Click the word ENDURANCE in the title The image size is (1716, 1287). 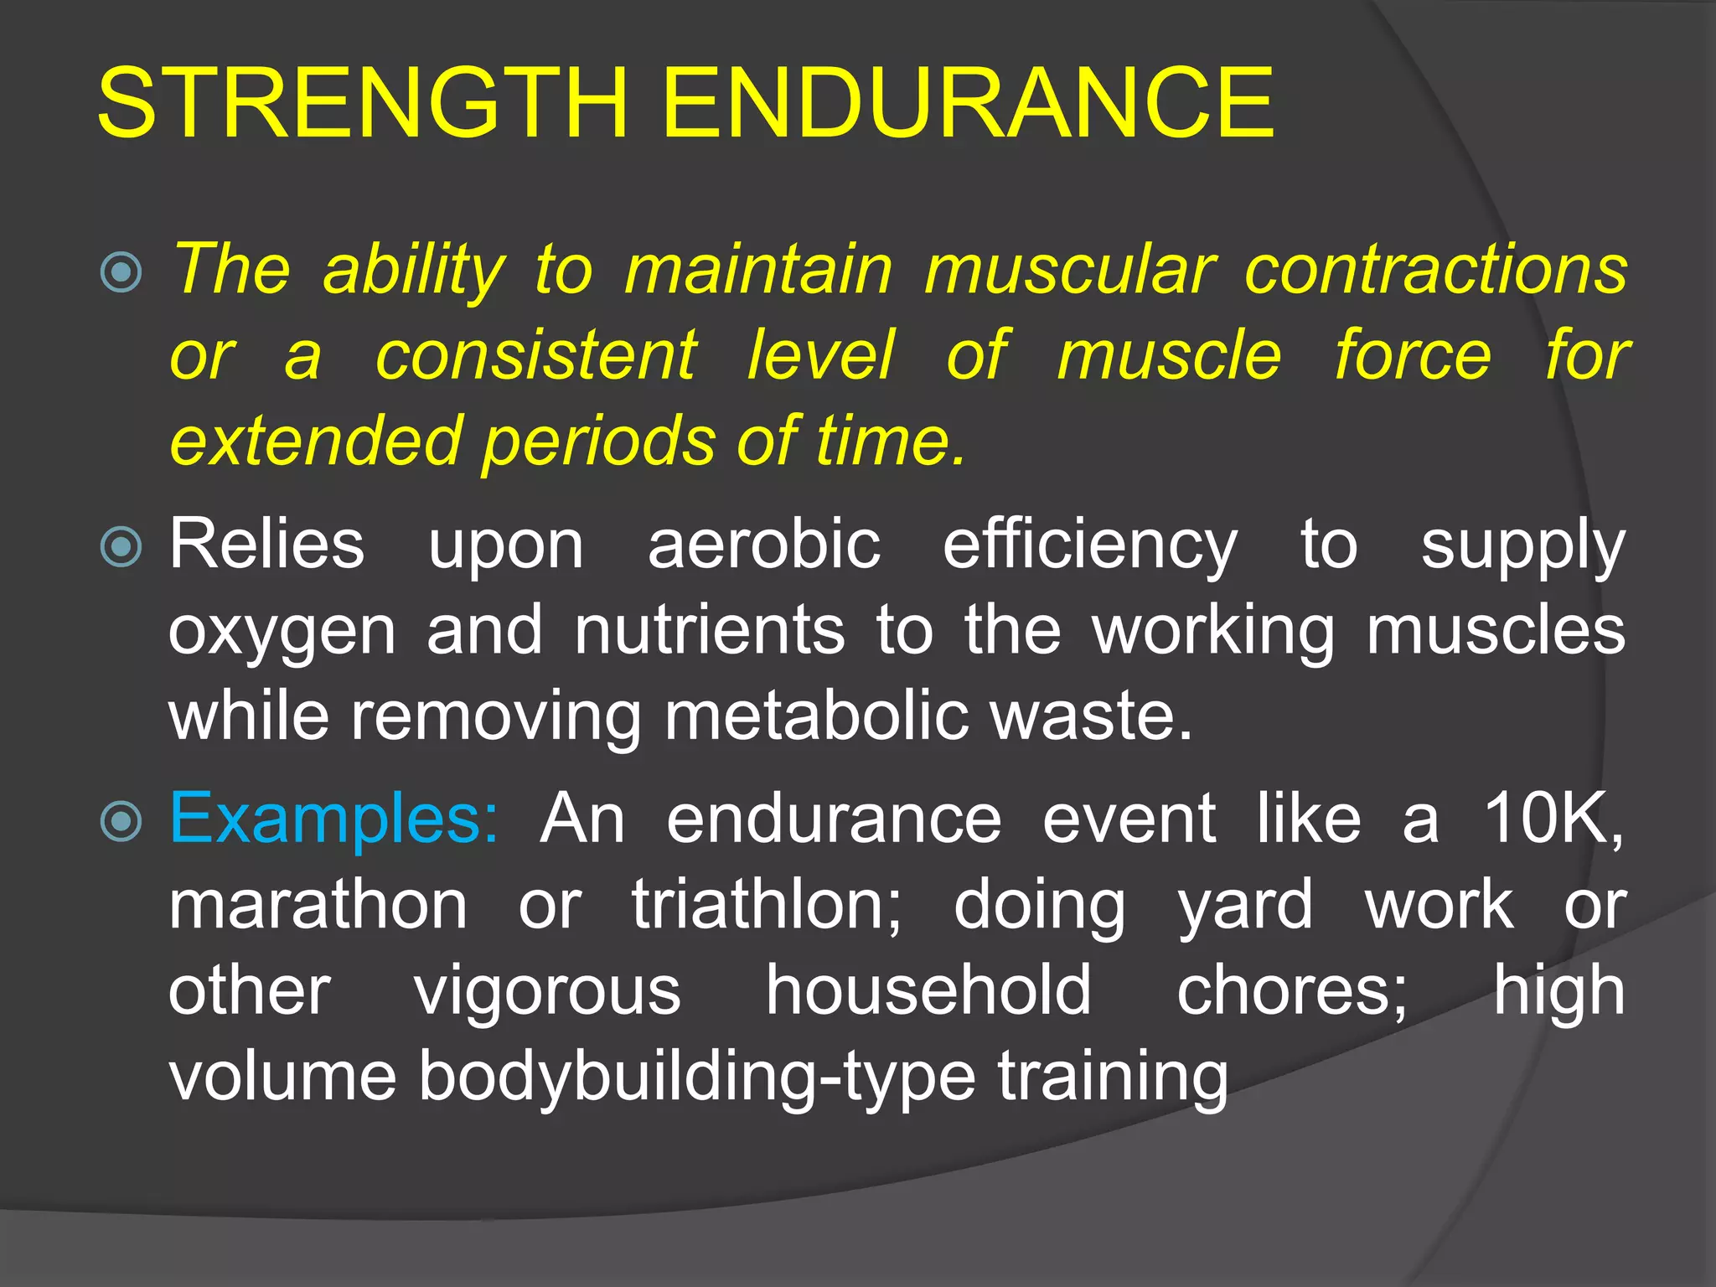pyautogui.click(x=968, y=103)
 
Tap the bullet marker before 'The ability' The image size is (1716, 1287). pyautogui.click(x=121, y=271)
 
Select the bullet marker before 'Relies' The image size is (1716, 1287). pyautogui.click(x=121, y=547)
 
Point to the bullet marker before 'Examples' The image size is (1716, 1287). pyautogui.click(x=121, y=821)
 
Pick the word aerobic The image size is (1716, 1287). pyautogui.click(x=763, y=545)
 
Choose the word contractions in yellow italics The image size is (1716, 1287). pyautogui.click(x=1435, y=270)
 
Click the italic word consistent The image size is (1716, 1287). pyautogui.click(x=535, y=355)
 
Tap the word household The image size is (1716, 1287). pyautogui.click(x=928, y=990)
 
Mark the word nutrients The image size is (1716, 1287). pyautogui.click(x=709, y=630)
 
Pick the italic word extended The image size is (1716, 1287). pyautogui.click(x=316, y=442)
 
